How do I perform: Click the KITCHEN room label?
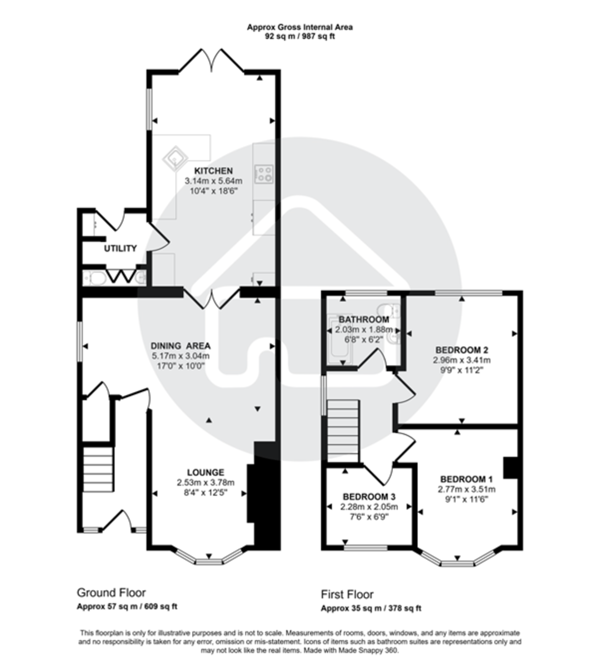tap(213, 170)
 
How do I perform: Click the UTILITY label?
tap(120, 248)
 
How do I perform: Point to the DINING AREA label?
tap(181, 345)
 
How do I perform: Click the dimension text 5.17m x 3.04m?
tap(181, 356)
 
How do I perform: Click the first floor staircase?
tap(343, 431)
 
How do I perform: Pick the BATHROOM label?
tap(364, 320)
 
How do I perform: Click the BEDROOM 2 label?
tap(461, 350)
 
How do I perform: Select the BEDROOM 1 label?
tap(466, 479)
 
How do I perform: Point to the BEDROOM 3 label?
tap(369, 496)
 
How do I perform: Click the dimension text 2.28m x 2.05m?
tap(369, 507)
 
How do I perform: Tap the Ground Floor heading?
tap(111, 593)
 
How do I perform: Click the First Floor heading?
tap(347, 594)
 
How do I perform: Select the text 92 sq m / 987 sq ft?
tap(300, 37)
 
